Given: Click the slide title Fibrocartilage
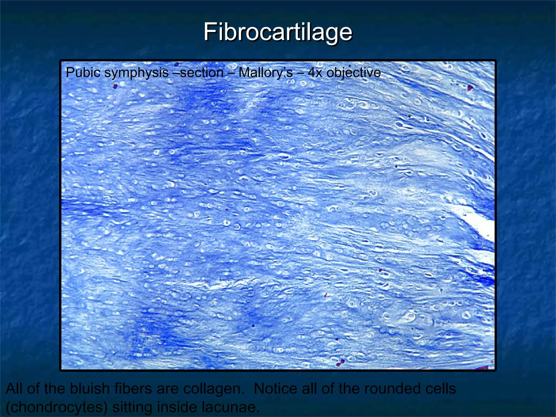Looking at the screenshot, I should (278, 32).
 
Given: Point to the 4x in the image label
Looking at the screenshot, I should (315, 72).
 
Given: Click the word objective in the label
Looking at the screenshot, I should (353, 72).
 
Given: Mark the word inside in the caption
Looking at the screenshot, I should (177, 407).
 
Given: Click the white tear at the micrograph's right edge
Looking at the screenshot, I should (479, 224).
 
